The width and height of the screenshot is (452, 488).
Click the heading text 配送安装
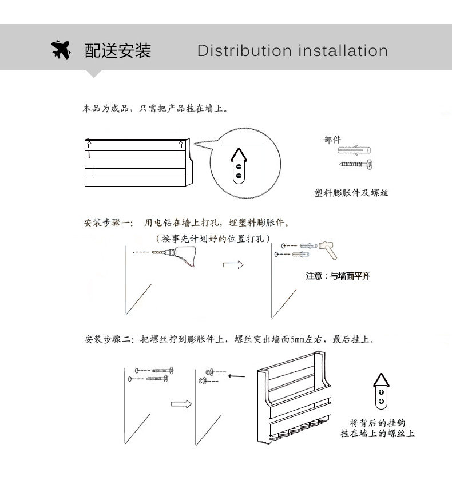(118, 50)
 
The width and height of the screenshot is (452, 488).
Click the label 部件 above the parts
(332, 140)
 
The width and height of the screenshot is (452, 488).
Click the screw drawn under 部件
(356, 165)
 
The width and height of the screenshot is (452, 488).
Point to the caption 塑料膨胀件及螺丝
(351, 193)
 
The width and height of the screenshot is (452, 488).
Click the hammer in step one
(327, 247)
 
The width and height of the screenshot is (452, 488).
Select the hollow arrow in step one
(233, 265)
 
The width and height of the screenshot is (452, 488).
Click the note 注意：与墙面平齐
(338, 276)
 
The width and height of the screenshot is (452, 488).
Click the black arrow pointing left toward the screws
(236, 376)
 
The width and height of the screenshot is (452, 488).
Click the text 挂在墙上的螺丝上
(378, 433)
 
